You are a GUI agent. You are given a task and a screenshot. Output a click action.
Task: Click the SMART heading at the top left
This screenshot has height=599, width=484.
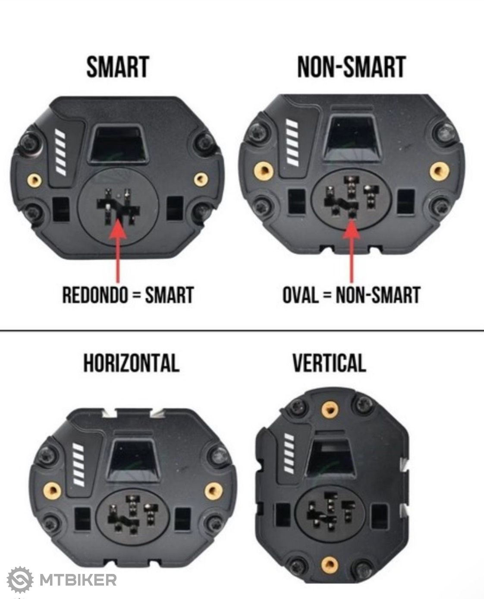point(118,67)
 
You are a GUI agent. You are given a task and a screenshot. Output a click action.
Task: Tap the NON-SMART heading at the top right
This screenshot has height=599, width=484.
point(352,67)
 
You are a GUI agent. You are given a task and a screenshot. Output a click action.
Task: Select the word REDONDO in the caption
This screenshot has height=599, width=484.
point(95,295)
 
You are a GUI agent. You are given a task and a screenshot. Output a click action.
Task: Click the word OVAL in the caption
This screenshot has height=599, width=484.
point(300,295)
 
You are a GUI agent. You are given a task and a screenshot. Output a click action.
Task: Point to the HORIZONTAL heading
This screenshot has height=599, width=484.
point(132,363)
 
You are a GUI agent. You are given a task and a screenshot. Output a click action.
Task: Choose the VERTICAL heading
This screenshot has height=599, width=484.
point(330,363)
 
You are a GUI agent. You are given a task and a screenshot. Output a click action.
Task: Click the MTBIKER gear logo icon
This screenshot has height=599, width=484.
point(20,580)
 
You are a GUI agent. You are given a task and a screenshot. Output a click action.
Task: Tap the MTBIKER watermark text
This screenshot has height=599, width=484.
point(78,580)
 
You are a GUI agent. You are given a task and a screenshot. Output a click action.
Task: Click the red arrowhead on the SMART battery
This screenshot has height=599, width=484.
point(118,228)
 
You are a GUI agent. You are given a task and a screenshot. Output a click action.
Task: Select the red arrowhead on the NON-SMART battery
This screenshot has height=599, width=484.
point(352,228)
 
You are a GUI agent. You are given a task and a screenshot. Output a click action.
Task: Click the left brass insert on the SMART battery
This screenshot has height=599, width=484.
point(35,180)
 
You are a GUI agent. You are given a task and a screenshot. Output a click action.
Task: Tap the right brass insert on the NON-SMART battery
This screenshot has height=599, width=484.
point(440,171)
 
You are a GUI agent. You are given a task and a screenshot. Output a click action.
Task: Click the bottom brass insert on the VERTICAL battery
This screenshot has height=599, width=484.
point(330,564)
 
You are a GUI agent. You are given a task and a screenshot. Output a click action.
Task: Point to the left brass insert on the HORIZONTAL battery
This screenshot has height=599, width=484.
point(52,491)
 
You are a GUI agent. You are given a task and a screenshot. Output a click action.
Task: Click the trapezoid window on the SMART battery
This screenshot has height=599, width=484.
point(119,144)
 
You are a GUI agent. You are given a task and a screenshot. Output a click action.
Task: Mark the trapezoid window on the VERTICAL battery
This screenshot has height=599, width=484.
point(330,457)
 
